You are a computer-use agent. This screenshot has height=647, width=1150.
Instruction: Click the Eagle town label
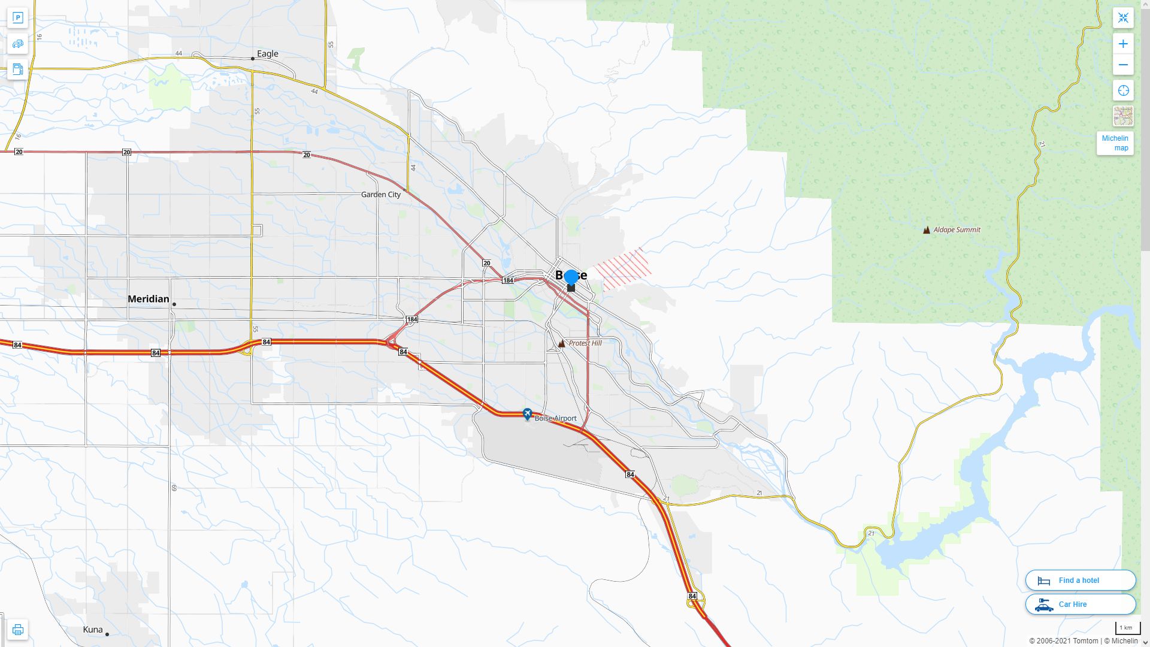(267, 54)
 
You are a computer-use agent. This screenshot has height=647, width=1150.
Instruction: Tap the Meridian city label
(148, 299)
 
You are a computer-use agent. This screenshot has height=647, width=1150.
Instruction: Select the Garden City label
(381, 195)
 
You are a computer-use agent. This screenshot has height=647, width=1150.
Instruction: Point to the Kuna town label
(93, 630)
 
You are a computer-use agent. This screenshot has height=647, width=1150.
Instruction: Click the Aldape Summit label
(957, 229)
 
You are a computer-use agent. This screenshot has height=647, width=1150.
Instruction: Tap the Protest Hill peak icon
(561, 343)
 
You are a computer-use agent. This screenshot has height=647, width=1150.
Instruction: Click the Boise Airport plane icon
(527, 414)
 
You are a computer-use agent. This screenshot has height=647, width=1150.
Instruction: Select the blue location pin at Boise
(571, 277)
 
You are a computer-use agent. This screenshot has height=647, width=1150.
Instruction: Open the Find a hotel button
(1080, 580)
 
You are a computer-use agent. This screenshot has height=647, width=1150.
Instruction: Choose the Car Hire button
(1080, 604)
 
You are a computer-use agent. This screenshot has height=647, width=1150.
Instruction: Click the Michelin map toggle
(1115, 143)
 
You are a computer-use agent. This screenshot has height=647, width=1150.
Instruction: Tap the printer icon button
(17, 630)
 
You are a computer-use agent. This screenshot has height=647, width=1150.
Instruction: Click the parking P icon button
(17, 17)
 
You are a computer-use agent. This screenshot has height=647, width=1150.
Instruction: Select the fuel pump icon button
(17, 69)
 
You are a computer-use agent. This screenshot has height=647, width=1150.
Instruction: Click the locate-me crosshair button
(1123, 90)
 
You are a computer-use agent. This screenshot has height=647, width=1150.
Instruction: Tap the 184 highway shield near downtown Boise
(508, 280)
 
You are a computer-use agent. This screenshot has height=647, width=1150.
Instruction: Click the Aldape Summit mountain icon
(927, 229)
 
